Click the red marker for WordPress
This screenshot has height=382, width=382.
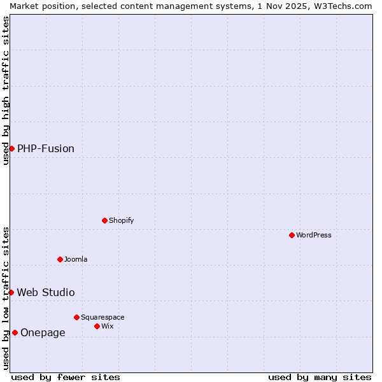[x=292, y=235]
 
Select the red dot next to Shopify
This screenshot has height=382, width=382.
[x=105, y=220]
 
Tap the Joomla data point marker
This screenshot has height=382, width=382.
[x=60, y=259]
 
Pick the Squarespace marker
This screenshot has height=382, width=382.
[x=77, y=317]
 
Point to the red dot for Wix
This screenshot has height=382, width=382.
[x=97, y=326]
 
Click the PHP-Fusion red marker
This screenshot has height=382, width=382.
[x=11, y=148]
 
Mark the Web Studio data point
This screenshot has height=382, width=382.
[x=11, y=292]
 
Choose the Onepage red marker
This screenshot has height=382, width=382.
[x=15, y=332]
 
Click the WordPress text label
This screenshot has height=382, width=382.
[x=313, y=235]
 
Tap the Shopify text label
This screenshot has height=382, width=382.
[x=121, y=220]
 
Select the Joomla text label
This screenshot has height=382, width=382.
[x=76, y=259]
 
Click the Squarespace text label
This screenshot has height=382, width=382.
[x=103, y=317]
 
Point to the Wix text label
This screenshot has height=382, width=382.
[x=107, y=326]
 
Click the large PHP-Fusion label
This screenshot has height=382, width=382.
[x=46, y=148]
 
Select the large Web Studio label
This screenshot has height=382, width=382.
[x=46, y=292]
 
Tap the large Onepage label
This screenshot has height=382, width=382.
[x=43, y=332]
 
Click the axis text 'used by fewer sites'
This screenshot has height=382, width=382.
[x=66, y=377]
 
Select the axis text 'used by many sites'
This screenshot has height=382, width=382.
[x=320, y=377]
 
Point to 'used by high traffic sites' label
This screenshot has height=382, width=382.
[x=6, y=90]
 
